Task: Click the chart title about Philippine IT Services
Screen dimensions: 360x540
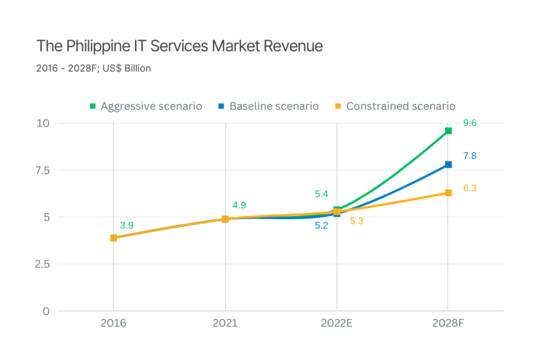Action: pos(179,46)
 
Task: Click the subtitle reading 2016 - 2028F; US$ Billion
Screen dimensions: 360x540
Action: pos(94,68)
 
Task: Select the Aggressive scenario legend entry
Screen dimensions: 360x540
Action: pos(146,106)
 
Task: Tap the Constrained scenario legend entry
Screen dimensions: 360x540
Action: pos(395,106)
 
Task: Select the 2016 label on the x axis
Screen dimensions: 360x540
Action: pos(113,323)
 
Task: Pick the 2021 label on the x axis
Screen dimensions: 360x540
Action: pos(226,323)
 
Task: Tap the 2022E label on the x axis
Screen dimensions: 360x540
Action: pos(337,323)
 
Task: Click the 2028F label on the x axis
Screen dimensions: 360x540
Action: pos(448,323)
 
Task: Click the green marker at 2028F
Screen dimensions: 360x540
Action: pos(449,130)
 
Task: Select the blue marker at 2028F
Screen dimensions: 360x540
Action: pos(449,165)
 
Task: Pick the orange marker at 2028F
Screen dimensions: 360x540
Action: pos(449,193)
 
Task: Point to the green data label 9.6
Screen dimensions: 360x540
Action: pos(469,123)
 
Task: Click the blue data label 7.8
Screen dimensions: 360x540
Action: pos(469,156)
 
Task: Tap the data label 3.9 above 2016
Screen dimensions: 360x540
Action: pos(127,226)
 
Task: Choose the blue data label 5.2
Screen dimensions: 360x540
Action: pos(321,226)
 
